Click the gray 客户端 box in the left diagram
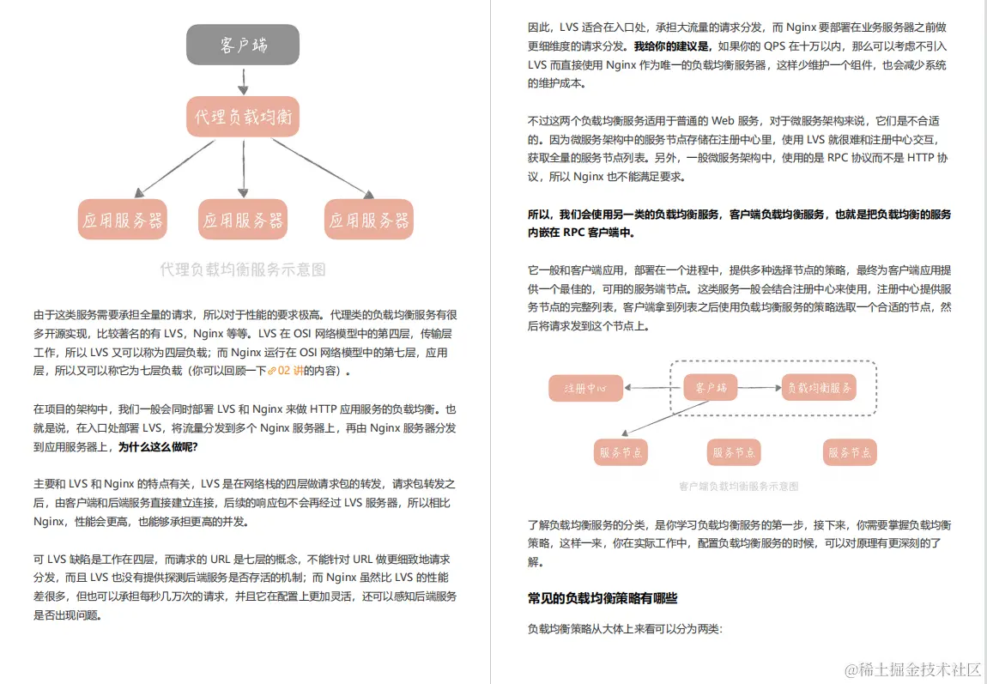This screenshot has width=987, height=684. (243, 45)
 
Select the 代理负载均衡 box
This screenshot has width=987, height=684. (243, 117)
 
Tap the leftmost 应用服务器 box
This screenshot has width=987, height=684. (122, 220)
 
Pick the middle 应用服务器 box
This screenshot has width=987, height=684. (243, 220)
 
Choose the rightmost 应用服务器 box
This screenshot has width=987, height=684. (369, 220)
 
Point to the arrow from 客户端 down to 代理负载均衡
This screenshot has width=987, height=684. (243, 81)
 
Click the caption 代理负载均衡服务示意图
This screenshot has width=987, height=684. (243, 269)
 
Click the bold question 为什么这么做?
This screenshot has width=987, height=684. (158, 446)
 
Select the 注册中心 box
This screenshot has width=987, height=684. (585, 389)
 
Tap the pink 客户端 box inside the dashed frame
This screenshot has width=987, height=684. (711, 389)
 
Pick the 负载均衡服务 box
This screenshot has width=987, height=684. (820, 389)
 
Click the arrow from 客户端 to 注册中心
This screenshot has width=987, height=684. (653, 389)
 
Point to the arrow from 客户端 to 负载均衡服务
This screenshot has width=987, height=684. (760, 389)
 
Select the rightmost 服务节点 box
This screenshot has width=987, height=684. (850, 452)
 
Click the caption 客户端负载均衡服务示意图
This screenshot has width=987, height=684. (738, 486)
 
